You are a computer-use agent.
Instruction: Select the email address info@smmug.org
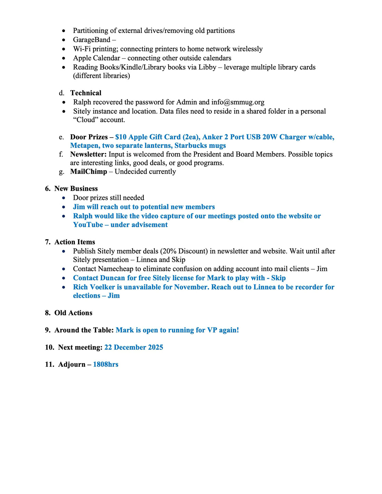[238, 102]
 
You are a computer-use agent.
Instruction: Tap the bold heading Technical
[86, 93]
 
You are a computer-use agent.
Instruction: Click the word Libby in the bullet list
[207, 67]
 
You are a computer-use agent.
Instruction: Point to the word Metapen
[84, 146]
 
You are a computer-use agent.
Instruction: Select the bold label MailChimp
[88, 172]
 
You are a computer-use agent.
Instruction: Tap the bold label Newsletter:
[88, 154]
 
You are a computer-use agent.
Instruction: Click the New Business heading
[76, 189]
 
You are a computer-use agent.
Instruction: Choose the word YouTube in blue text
[88, 225]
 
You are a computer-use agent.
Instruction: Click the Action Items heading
[74, 242]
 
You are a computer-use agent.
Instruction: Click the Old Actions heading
[73, 313]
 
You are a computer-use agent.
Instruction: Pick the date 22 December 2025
[134, 347]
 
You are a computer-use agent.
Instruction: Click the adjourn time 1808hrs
[106, 365]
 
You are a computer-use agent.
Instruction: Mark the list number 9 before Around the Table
[47, 330]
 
